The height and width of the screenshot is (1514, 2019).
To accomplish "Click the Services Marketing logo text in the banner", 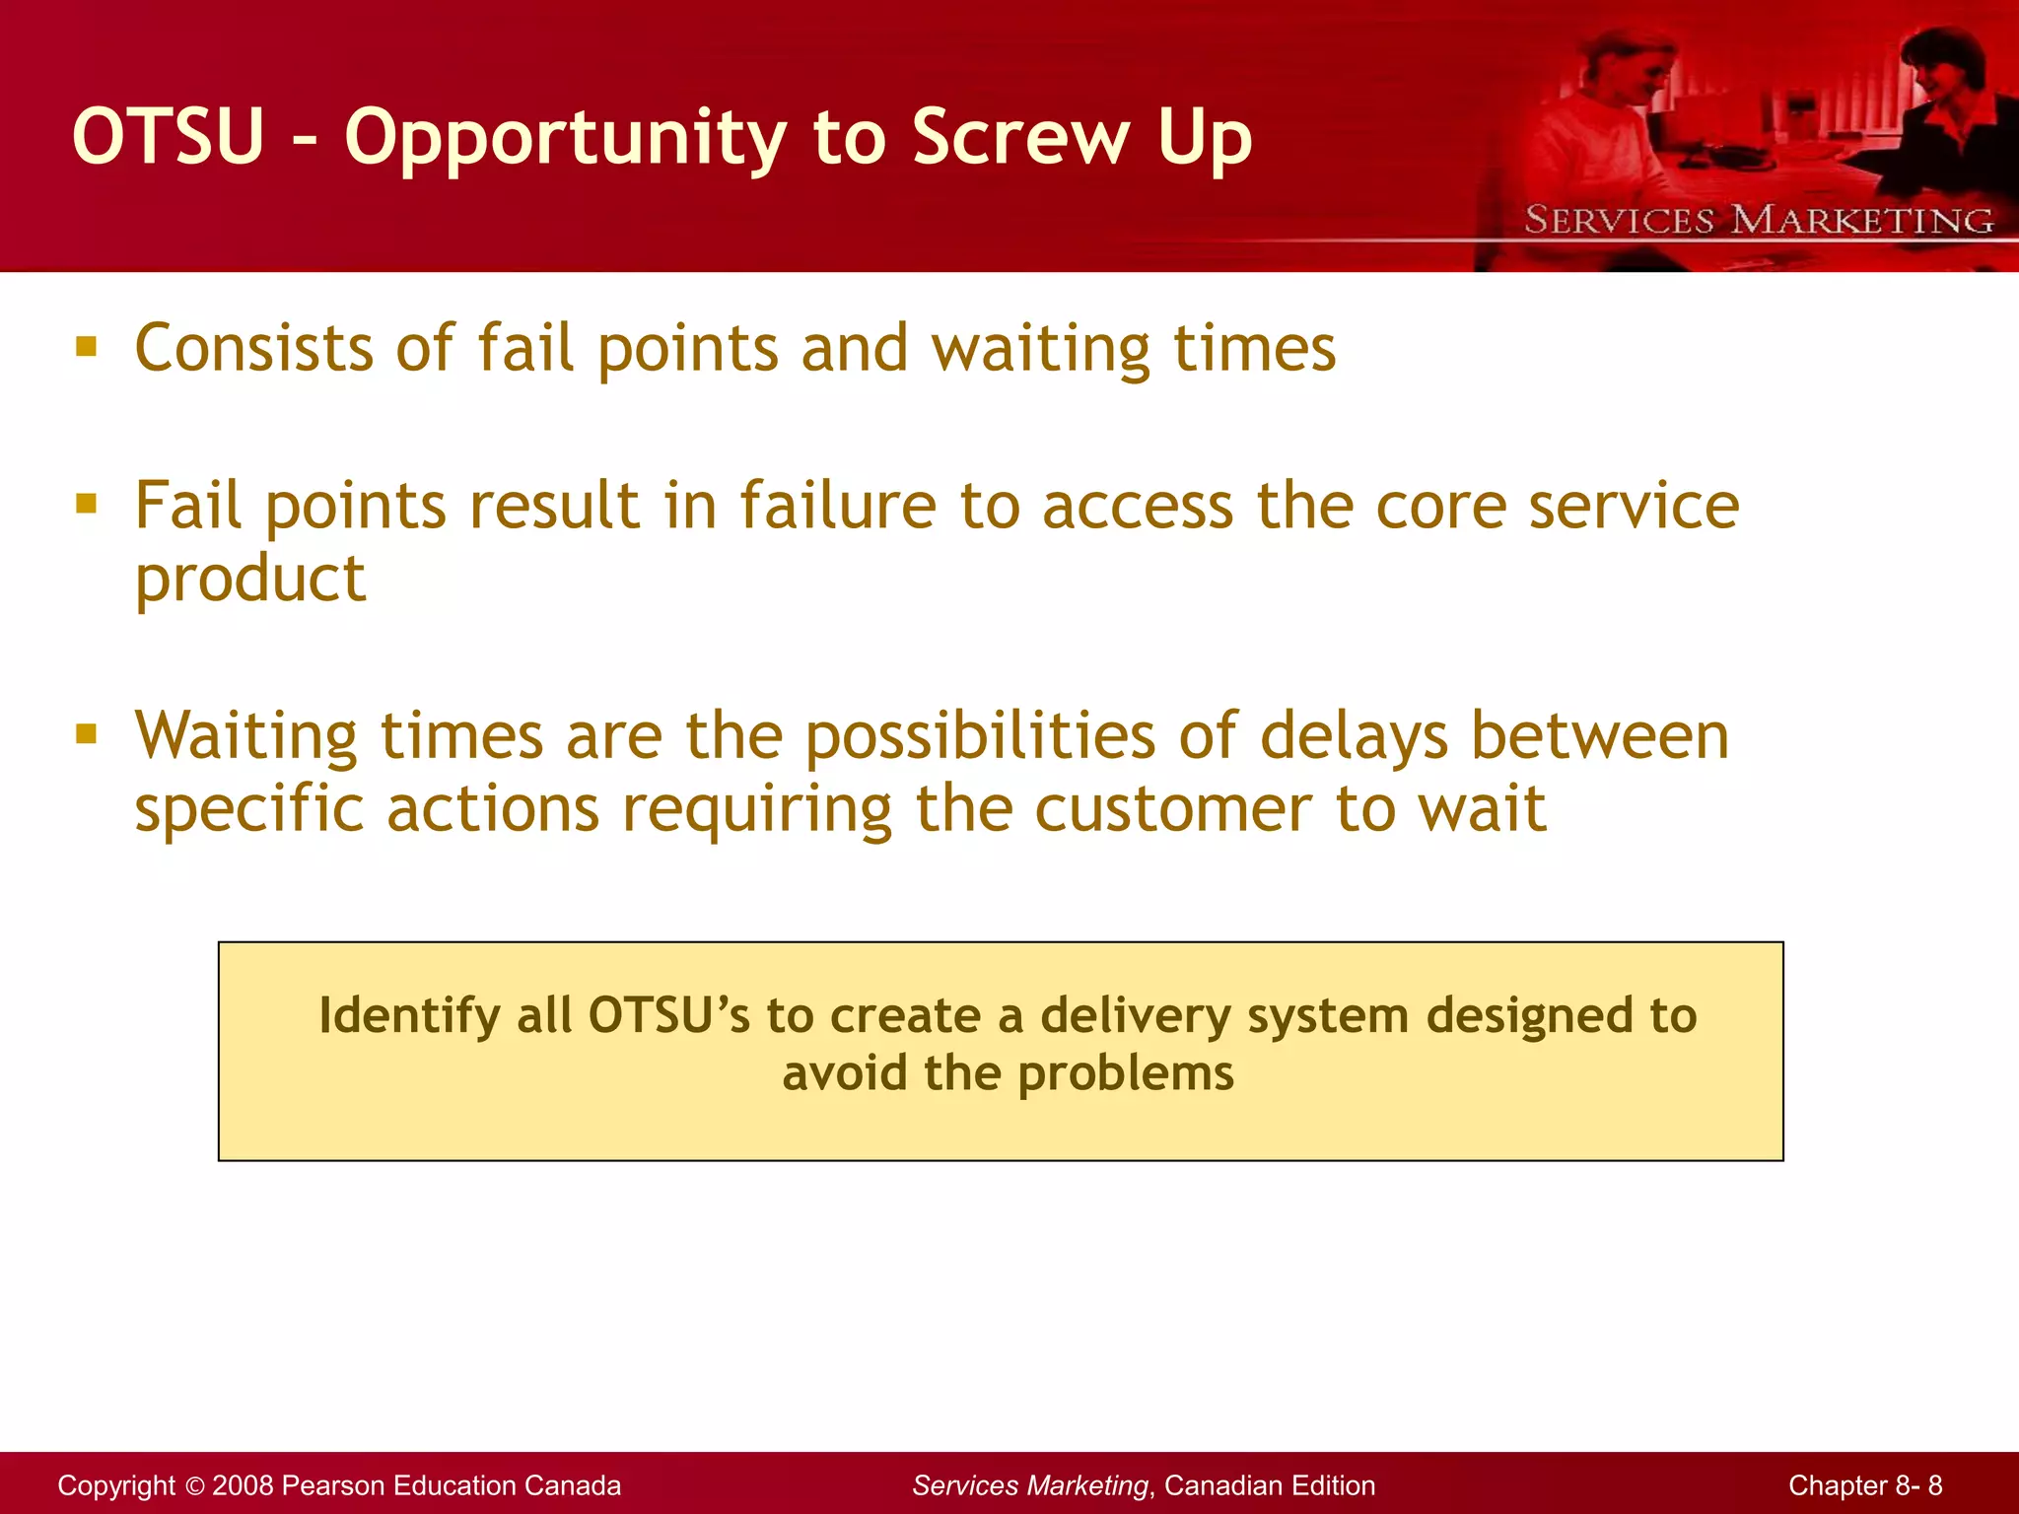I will click(1759, 219).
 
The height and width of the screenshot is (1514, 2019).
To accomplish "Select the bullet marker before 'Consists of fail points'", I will click(87, 346).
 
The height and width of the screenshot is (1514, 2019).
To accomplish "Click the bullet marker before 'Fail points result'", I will click(87, 505).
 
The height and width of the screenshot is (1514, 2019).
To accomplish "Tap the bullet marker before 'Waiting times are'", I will click(87, 734).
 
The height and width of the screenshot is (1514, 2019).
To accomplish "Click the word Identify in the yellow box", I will click(409, 1015).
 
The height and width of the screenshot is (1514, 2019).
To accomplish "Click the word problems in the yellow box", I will click(1125, 1073).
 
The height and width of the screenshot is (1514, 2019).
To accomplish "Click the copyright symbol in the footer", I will click(194, 1485).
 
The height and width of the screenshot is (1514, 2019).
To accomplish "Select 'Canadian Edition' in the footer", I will click(1270, 1485).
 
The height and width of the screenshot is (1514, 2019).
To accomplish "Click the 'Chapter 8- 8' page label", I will click(1865, 1485).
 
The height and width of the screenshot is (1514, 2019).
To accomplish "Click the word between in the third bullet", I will click(1599, 737).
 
